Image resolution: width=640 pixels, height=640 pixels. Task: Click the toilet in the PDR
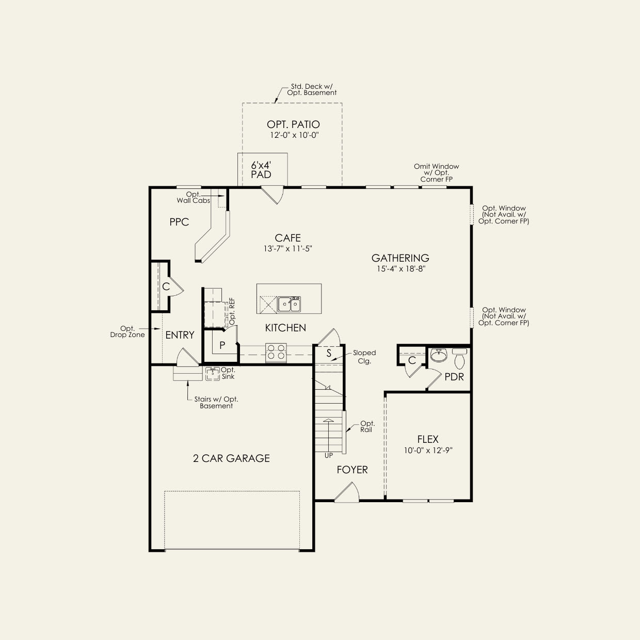tap(460, 358)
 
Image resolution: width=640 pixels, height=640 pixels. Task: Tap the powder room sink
tap(439, 355)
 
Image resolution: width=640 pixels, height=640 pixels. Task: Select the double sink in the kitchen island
tap(289, 304)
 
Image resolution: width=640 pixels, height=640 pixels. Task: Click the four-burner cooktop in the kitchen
tap(276, 352)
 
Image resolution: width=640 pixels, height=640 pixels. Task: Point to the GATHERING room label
tap(400, 258)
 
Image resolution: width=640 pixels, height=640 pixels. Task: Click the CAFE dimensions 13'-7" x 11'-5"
tap(288, 248)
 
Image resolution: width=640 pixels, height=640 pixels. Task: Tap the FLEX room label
tap(428, 439)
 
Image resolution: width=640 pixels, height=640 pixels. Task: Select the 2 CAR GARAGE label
tap(231, 458)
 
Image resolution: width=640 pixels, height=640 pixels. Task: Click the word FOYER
tap(352, 470)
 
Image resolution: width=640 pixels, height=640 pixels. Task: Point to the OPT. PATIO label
tap(293, 124)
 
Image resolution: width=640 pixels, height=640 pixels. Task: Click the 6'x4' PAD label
tap(261, 170)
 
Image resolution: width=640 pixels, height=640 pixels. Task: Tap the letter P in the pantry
tap(222, 345)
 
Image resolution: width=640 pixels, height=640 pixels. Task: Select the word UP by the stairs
tap(328, 455)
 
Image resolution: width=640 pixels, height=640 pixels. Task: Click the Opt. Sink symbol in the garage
tap(213, 374)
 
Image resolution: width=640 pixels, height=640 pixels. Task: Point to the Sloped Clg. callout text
tap(364, 357)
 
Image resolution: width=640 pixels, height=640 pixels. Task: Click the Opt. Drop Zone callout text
tap(127, 331)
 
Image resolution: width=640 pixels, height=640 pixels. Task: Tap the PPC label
tap(179, 222)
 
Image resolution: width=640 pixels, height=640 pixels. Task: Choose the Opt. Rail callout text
tap(367, 426)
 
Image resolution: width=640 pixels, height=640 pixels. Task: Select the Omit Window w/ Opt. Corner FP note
tap(437, 173)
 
